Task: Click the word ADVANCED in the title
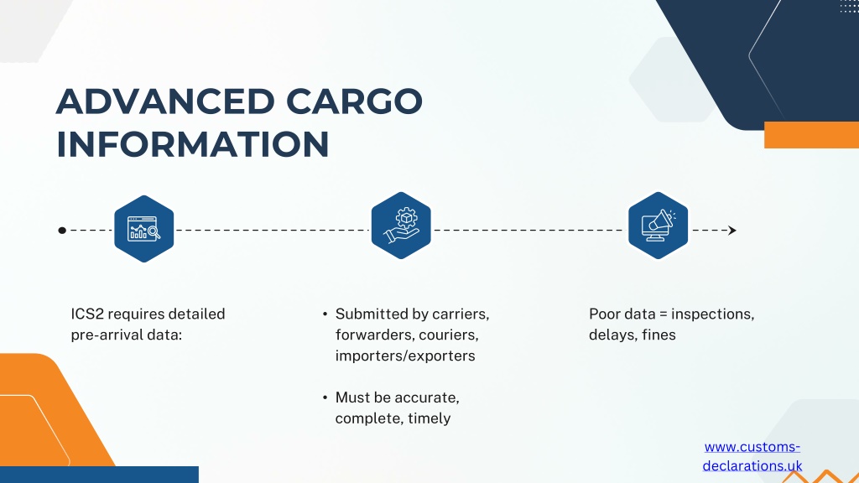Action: tap(165, 101)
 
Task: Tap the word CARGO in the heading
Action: tap(355, 101)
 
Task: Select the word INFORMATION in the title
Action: tap(193, 144)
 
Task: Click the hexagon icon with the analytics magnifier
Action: tap(144, 229)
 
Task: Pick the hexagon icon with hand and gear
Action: tap(401, 226)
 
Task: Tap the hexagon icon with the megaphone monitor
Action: tap(658, 226)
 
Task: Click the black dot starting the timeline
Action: tap(62, 231)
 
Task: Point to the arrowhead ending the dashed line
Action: tap(731, 231)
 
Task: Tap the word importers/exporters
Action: tap(405, 356)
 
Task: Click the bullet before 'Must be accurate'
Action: tap(325, 397)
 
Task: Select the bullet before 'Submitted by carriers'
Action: tap(325, 314)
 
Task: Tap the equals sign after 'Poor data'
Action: tap(664, 314)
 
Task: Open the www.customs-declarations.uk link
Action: tap(752, 456)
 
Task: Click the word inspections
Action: tap(713, 314)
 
